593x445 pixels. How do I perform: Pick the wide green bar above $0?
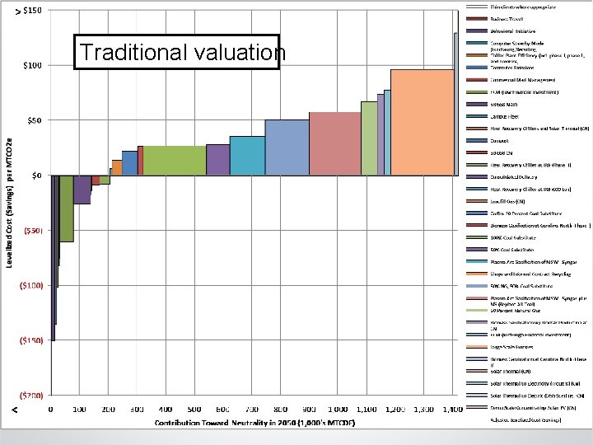pyautogui.click(x=175, y=160)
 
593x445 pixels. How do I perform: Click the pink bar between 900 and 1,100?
pyautogui.click(x=334, y=143)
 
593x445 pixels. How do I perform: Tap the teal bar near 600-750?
pyautogui.click(x=247, y=155)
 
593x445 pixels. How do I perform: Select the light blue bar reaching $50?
pyautogui.click(x=287, y=147)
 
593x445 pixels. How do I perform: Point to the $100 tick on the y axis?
pyautogui.click(x=33, y=65)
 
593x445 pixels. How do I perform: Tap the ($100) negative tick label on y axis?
pyautogui.click(x=31, y=286)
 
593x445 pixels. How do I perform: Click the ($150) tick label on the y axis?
pyautogui.click(x=31, y=340)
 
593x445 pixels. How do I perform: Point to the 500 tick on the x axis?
pyautogui.click(x=194, y=409)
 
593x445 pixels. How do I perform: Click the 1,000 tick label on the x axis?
pyautogui.click(x=339, y=409)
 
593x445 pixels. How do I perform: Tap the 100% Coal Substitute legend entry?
pyautogui.click(x=512, y=237)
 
